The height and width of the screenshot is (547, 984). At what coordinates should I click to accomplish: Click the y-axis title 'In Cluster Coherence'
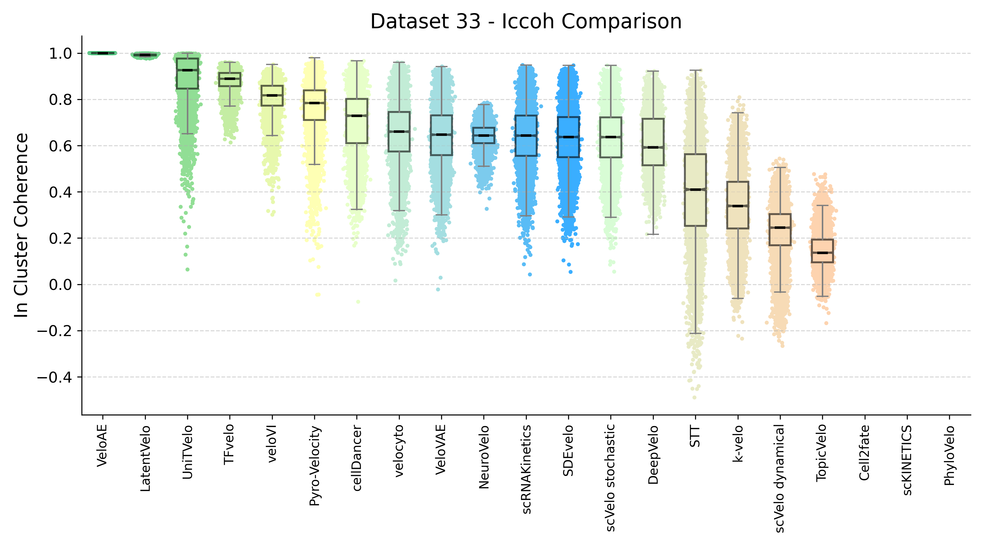(21, 225)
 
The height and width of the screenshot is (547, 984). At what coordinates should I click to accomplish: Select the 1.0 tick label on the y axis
(60, 53)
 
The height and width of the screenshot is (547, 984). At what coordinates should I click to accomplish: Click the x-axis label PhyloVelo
(949, 455)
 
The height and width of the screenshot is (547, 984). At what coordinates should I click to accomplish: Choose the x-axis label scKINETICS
(907, 460)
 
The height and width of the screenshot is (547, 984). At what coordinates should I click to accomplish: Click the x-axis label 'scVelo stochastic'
(610, 477)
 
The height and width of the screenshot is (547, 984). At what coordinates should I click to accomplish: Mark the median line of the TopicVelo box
(822, 253)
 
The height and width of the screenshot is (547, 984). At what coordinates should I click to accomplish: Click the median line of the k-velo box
(738, 206)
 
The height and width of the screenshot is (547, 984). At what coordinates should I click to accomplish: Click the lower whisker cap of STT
(695, 333)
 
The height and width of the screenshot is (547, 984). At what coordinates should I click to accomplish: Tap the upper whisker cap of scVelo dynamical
(780, 167)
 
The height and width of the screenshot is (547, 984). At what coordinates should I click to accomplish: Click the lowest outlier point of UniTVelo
(187, 270)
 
